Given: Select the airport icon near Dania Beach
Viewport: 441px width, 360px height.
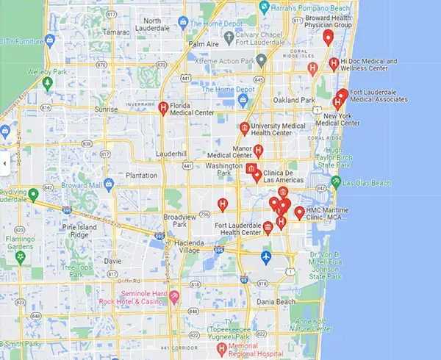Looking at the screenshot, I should click(x=266, y=258).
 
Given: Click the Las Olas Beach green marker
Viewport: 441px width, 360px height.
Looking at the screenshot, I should click(x=336, y=181).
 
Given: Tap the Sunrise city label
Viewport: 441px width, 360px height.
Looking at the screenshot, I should click(x=106, y=109).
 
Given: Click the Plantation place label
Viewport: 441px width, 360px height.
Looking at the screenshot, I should click(x=142, y=176).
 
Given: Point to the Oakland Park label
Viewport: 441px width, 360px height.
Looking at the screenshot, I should click(x=293, y=100).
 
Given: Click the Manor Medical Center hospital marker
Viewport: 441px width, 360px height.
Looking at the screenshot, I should click(x=258, y=151).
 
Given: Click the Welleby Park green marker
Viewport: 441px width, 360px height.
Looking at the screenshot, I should click(x=48, y=83).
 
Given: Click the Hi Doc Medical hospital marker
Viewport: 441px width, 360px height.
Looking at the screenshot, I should click(x=334, y=64).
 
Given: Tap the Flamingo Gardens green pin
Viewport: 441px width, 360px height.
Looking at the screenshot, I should click(x=20, y=256).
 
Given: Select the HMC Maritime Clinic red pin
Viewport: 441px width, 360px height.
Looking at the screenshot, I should click(x=299, y=214).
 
